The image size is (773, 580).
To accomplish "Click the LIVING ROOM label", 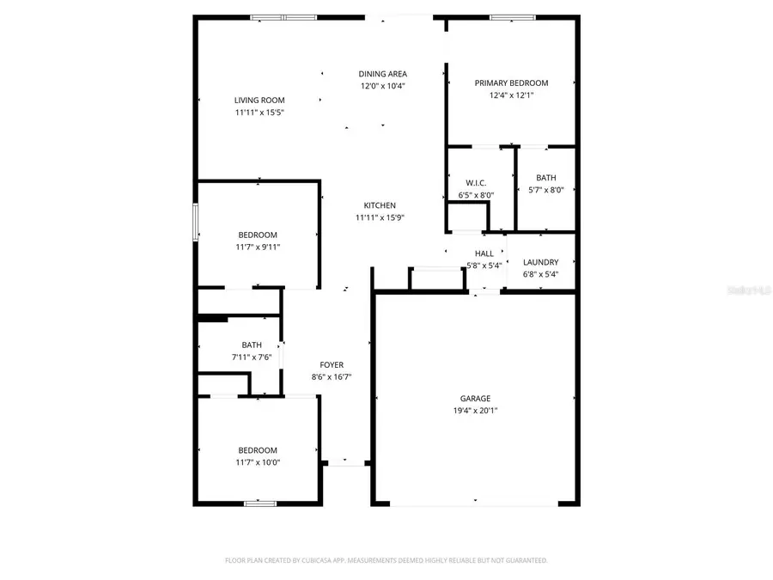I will click(259, 101).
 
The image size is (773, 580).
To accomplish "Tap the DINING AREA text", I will click(383, 74).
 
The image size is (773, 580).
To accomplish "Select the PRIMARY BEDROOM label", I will click(511, 83).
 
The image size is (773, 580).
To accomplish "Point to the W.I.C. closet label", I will click(477, 183).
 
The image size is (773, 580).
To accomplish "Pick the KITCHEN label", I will click(380, 205).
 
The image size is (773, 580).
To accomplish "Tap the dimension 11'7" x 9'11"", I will click(258, 247).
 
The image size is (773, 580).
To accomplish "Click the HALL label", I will click(484, 253).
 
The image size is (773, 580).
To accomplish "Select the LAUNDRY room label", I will click(541, 262).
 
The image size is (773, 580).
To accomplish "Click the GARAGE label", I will click(475, 399).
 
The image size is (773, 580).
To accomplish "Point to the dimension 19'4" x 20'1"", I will click(475, 411).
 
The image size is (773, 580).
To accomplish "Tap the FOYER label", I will click(332, 365).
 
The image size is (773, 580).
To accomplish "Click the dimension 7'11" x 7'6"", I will click(252, 357).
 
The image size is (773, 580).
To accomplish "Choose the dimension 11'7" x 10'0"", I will click(258, 462).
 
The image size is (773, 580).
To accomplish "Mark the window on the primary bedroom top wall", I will click(513, 17).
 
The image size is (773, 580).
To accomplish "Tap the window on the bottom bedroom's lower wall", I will click(259, 503).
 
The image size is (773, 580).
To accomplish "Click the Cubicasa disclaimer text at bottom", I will click(386, 560).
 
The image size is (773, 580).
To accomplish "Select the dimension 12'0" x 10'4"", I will click(383, 86).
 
